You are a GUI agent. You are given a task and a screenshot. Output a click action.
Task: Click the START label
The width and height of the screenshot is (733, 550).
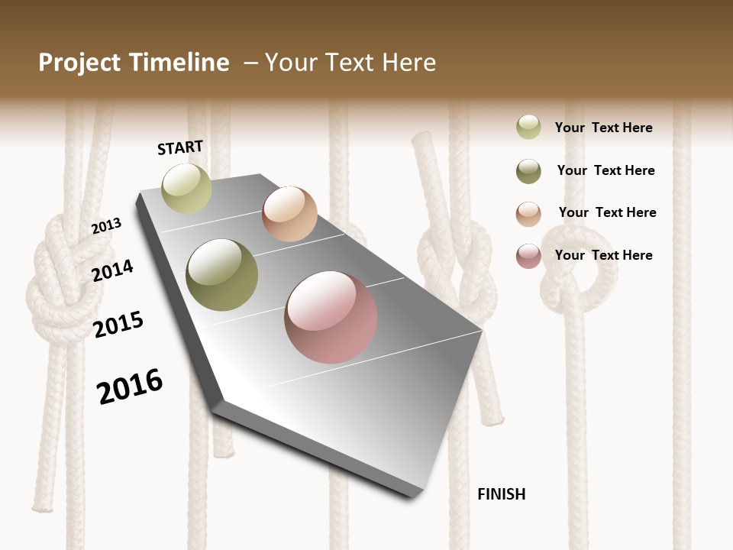pos(180,147)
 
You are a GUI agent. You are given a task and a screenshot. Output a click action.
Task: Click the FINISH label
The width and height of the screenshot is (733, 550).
pos(501,494)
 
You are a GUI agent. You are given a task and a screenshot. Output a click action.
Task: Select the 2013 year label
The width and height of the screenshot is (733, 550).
pos(106,226)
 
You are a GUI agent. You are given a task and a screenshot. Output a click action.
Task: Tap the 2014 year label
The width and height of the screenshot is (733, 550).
pos(113,270)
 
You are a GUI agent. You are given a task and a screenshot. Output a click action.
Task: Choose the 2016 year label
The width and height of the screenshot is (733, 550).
pos(130,386)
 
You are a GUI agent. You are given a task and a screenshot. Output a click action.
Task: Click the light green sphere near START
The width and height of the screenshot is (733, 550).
pos(186,189)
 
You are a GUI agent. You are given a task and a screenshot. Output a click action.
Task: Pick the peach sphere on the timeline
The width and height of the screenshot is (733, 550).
pos(289,214)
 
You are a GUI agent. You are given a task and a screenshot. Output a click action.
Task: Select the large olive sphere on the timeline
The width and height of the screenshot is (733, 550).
pos(222,275)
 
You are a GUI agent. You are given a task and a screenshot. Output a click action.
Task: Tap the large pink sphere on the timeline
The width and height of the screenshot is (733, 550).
pos(331,317)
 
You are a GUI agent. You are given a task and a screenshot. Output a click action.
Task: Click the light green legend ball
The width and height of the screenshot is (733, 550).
pos(528,128)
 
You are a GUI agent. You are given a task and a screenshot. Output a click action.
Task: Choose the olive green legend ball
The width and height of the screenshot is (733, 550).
pos(528,171)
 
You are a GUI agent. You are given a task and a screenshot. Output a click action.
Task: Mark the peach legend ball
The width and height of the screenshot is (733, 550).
pos(528,213)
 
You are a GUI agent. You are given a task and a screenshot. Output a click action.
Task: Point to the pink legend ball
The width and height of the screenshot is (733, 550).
pos(528,256)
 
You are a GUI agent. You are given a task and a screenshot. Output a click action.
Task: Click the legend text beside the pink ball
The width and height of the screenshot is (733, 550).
pos(603,255)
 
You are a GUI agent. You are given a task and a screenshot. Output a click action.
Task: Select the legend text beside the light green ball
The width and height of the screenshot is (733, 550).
pos(603,128)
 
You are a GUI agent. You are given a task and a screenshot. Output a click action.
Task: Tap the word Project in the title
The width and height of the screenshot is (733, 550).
pos(79,63)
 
